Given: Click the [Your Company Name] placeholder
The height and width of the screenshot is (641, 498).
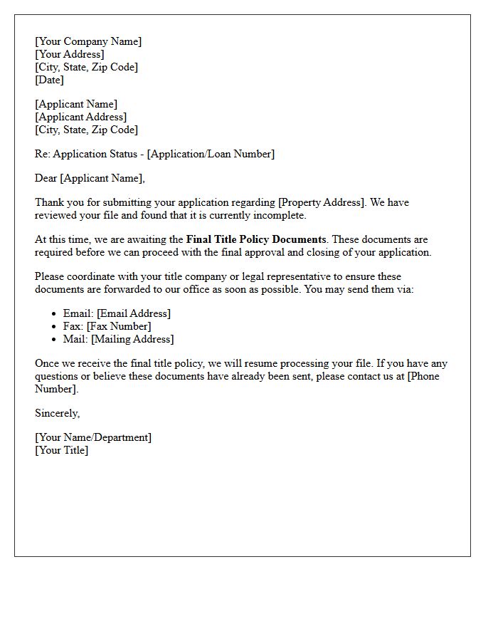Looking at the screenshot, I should pyautogui.click(x=88, y=41).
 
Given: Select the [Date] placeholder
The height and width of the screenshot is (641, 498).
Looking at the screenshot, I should pyautogui.click(x=49, y=80).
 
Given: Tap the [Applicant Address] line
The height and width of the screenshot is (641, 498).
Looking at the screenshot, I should pyautogui.click(x=81, y=117).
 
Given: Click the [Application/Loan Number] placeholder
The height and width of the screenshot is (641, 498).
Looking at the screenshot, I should pyautogui.click(x=211, y=154).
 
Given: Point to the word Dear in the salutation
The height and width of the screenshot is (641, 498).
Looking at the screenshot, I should pyautogui.click(x=46, y=178).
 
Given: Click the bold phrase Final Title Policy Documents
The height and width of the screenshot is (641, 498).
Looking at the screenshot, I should pyautogui.click(x=256, y=239).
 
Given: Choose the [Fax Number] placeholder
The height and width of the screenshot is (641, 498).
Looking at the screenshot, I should pyautogui.click(x=119, y=326).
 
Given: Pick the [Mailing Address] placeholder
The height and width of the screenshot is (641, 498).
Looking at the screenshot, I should pyautogui.click(x=132, y=339).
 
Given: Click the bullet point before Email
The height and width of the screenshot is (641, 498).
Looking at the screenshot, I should pyautogui.click(x=55, y=313).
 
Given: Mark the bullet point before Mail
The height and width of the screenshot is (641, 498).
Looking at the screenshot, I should pyautogui.click(x=55, y=339).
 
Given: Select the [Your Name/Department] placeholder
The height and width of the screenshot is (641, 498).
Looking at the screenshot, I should pyautogui.click(x=93, y=437).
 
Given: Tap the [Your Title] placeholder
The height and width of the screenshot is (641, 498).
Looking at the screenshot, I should pyautogui.click(x=62, y=450).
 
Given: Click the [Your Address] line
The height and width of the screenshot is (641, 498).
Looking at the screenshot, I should pyautogui.click(x=70, y=54).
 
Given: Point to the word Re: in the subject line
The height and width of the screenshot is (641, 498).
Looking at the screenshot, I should pyautogui.click(x=43, y=154).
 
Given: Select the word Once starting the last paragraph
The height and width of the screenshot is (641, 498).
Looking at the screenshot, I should pyautogui.click(x=47, y=363).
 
